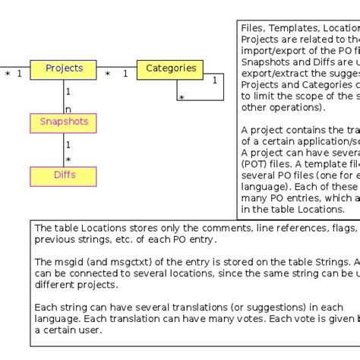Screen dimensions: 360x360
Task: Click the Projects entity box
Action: pyautogui.click(x=64, y=69)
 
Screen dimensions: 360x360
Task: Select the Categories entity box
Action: pyautogui.click(x=171, y=69)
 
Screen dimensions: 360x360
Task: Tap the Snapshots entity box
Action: pyautogui.click(x=64, y=122)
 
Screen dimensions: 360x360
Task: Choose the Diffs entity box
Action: pyautogui.click(x=64, y=175)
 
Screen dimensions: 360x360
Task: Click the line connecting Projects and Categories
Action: pyautogui.click(x=117, y=67)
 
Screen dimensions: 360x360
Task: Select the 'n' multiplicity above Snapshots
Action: pyautogui.click(x=68, y=109)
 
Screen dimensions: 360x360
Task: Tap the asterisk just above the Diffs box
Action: pyautogui.click(x=68, y=160)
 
